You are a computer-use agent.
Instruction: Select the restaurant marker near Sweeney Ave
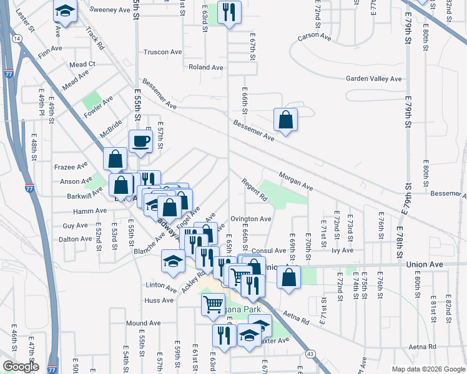229,12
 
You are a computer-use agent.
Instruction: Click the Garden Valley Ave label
374,79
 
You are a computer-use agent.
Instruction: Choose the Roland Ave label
206,67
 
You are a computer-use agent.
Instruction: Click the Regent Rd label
255,190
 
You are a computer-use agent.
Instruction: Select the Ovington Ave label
250,219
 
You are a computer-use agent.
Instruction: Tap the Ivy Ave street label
343,251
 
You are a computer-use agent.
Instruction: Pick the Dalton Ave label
75,239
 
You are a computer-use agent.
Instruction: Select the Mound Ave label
143,323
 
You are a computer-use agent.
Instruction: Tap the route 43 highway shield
310,354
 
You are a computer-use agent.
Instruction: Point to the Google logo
21,367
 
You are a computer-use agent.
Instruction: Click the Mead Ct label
82,64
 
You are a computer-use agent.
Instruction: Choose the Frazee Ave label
71,166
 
